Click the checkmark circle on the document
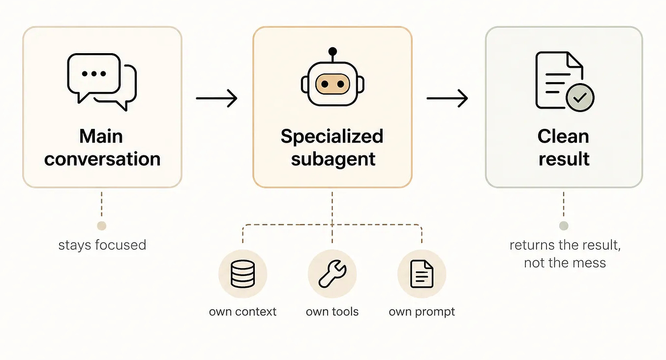click(580, 97)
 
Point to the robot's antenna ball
click(333, 51)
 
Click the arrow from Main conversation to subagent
click(216, 98)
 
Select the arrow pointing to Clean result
click(447, 98)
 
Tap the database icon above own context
click(242, 274)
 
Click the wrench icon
click(332, 274)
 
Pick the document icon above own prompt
click(422, 274)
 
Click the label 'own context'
click(242, 312)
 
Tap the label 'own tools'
click(332, 312)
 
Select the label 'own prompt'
click(422, 312)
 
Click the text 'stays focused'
click(102, 245)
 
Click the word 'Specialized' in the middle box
click(332, 136)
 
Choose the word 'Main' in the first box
click(101, 136)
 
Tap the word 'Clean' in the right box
click(563, 136)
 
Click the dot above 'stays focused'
click(102, 226)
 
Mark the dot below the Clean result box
click(564, 226)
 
